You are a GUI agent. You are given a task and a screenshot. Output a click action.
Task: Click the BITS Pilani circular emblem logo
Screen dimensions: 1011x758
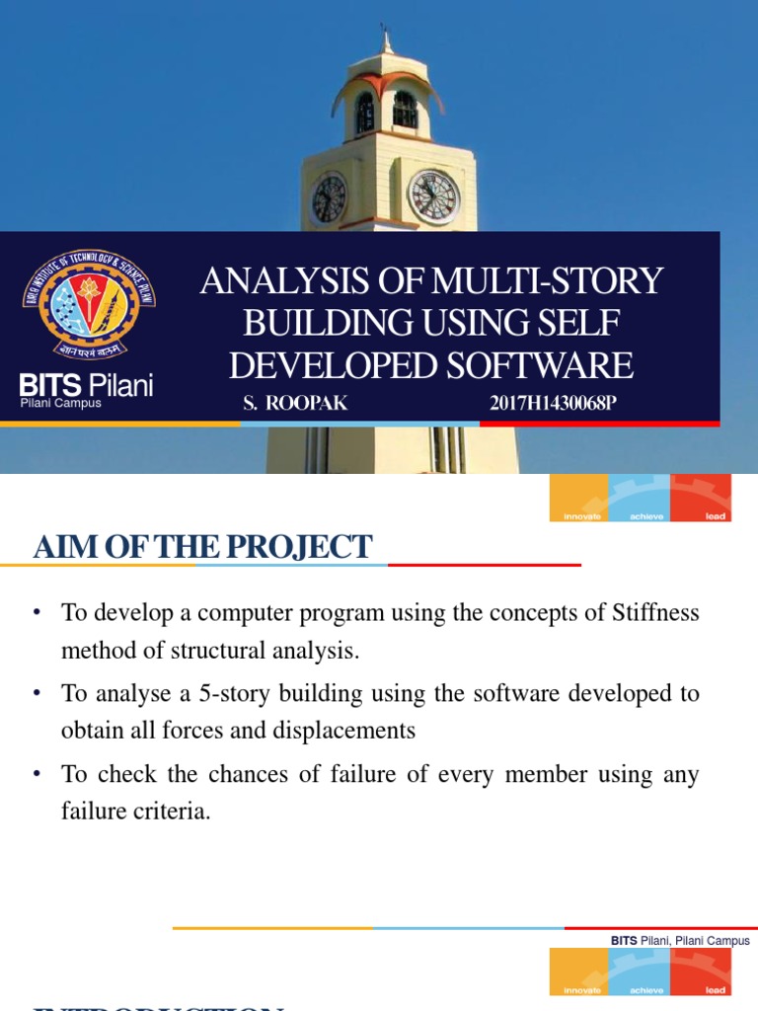[x=89, y=305]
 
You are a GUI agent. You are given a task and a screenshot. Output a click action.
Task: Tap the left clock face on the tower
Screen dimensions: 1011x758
[x=329, y=198]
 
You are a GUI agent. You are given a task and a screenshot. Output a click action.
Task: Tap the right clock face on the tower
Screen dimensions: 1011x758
[x=433, y=195]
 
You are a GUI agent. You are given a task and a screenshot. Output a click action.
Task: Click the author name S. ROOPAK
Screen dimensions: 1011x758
[x=295, y=404]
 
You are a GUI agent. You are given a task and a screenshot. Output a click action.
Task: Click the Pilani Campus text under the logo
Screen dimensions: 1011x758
[x=61, y=403]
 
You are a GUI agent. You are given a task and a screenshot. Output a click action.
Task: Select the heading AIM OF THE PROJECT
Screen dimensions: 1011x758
[x=202, y=546]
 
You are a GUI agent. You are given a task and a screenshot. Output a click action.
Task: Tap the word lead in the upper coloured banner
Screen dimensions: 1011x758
[x=716, y=516]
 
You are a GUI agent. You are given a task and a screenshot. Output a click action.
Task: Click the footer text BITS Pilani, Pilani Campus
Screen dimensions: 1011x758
[x=680, y=941]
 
